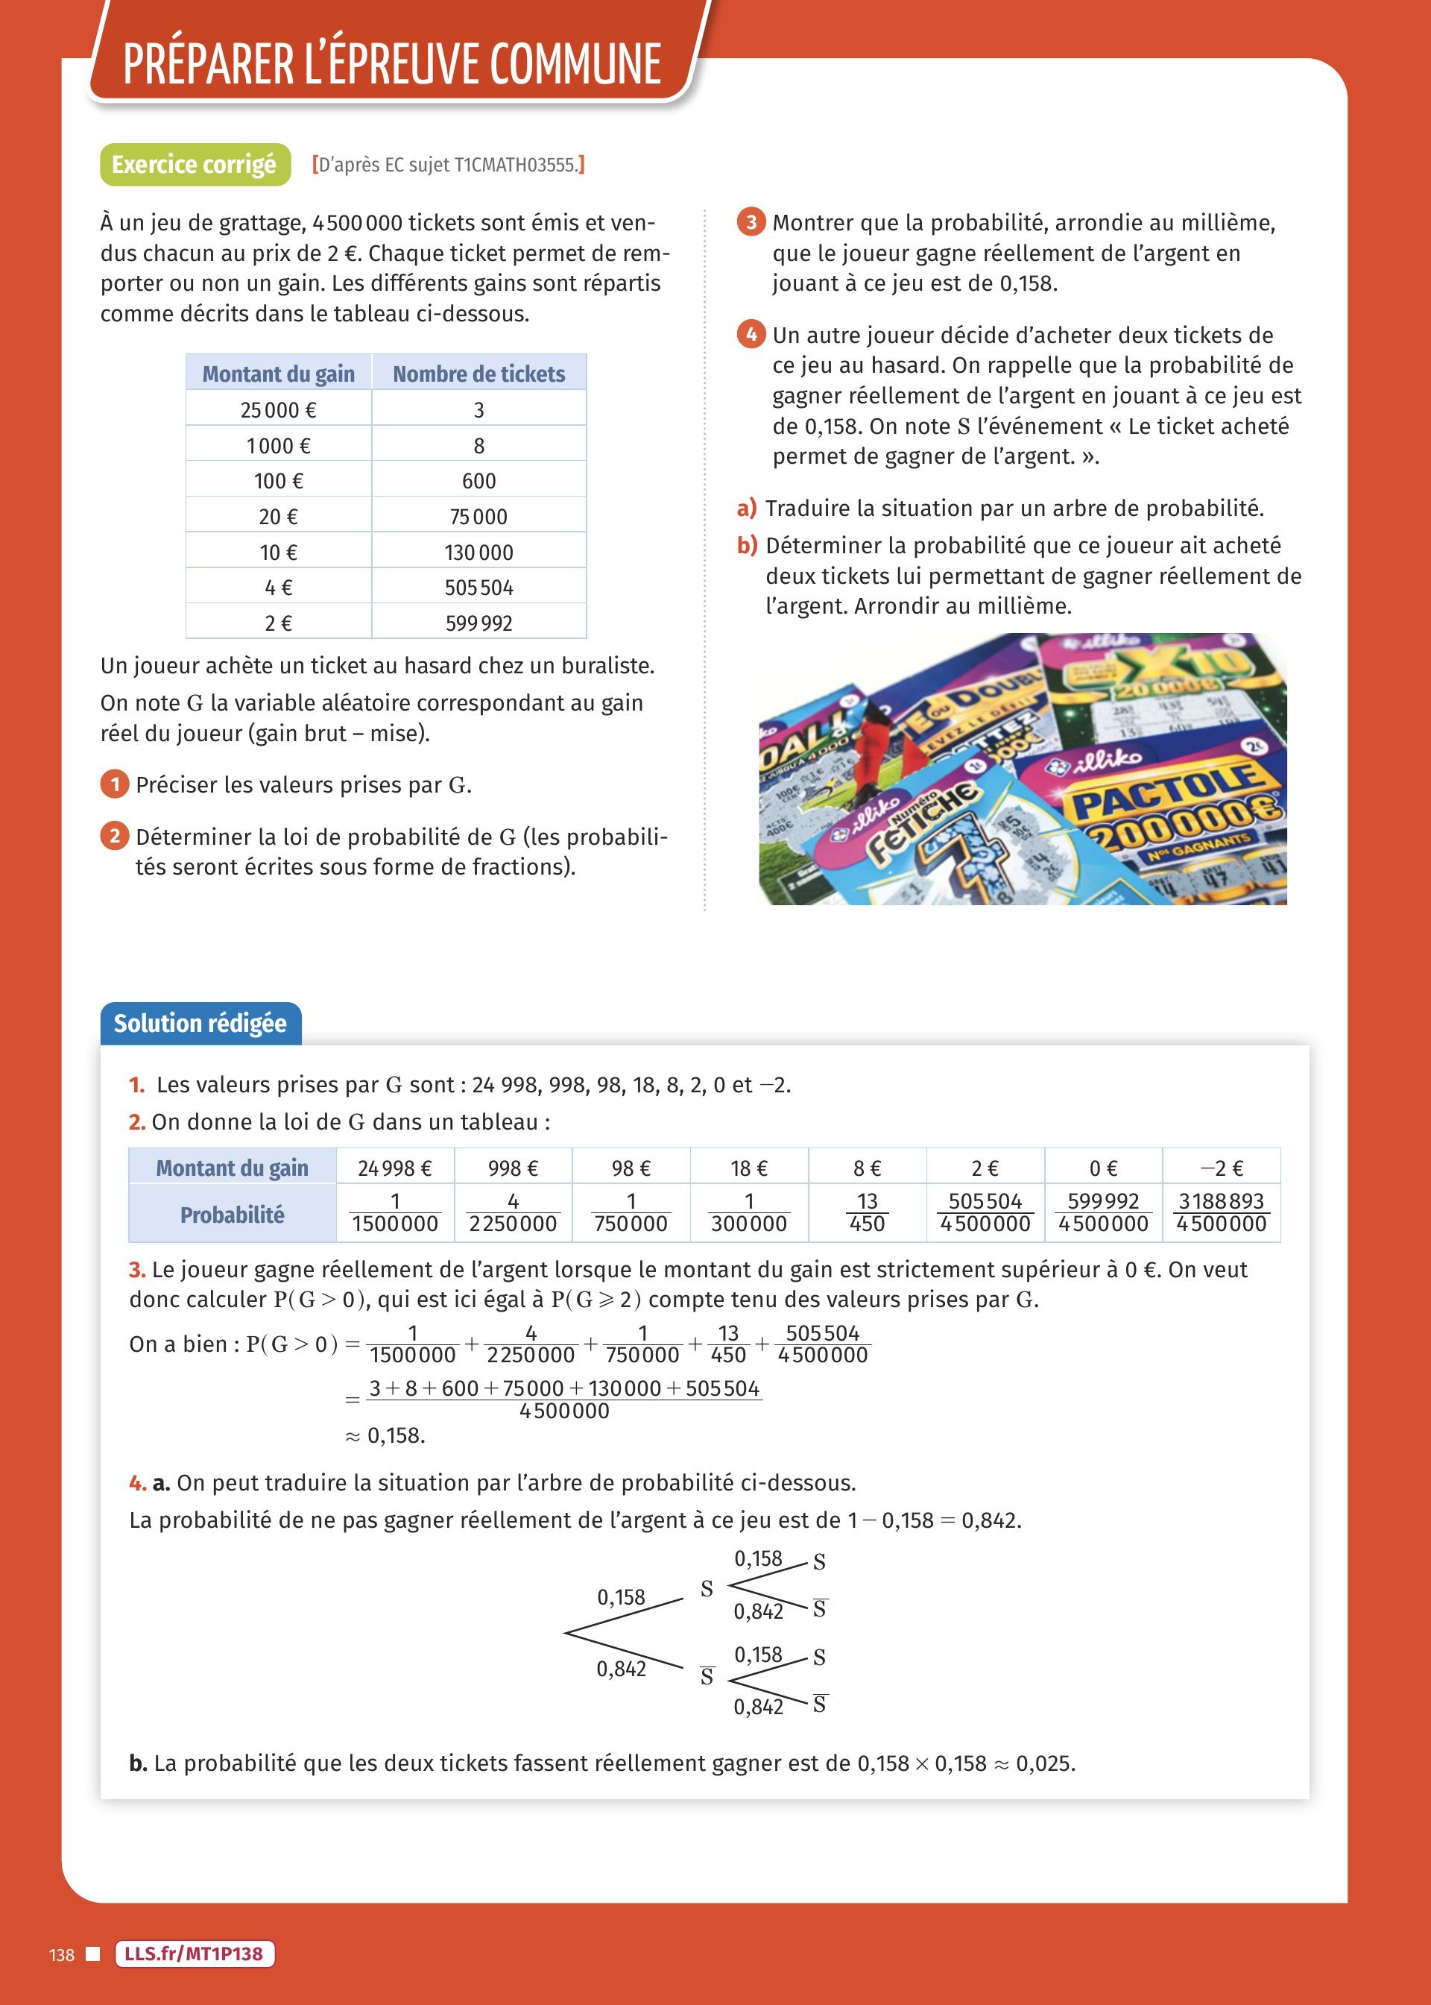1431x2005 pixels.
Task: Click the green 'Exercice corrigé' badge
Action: (x=195, y=165)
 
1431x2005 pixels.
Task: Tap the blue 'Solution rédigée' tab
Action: (x=200, y=1023)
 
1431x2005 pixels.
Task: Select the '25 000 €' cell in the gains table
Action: (x=279, y=410)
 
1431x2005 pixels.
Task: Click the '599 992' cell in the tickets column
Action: (x=478, y=623)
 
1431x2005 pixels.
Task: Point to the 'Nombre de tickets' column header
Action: (x=478, y=374)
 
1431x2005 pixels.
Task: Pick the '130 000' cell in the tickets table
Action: (x=478, y=553)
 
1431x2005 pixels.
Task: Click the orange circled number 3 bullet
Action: (x=751, y=222)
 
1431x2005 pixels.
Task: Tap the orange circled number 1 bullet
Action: (x=115, y=784)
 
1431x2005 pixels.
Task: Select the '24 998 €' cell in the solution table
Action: (x=395, y=1168)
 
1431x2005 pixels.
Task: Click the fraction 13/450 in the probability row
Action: (x=867, y=1212)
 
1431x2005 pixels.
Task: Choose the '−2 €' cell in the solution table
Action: (x=1222, y=1168)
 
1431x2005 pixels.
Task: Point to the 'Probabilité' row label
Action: (x=233, y=1215)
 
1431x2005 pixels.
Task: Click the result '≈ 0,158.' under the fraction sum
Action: (x=385, y=1435)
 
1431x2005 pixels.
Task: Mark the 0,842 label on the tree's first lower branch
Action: (x=621, y=1668)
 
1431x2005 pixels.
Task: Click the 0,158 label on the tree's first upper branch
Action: (x=621, y=1597)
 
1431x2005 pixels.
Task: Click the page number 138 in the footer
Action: (x=62, y=1955)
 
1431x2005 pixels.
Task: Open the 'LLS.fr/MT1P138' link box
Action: (x=194, y=1954)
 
